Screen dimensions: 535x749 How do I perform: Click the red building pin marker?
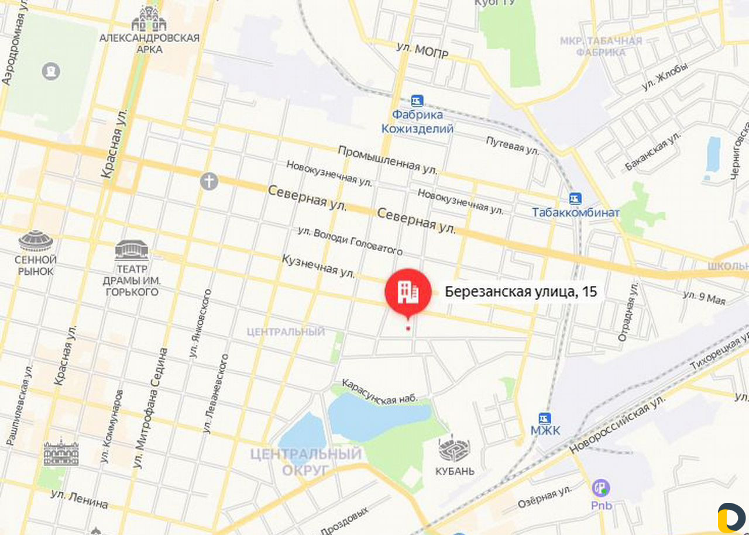408,292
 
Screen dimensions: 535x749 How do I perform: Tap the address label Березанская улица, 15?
521,292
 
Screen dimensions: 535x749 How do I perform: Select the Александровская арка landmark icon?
149,19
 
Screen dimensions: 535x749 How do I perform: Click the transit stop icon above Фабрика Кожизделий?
417,101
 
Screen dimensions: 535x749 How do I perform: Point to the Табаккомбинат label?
575,212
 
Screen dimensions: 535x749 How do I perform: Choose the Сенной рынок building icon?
36,240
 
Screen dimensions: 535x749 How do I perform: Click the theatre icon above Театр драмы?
132,250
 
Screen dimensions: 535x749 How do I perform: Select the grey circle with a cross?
209,181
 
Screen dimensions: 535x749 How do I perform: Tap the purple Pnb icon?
601,488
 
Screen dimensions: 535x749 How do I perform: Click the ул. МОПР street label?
422,51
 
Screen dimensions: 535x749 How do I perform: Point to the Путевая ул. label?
513,145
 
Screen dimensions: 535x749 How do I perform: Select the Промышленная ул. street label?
387,158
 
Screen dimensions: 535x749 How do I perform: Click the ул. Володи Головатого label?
350,240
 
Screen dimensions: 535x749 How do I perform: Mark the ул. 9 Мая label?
704,298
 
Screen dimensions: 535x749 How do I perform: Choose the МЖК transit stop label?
545,432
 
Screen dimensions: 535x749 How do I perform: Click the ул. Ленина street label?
79,499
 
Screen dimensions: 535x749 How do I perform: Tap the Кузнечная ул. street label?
319,265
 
